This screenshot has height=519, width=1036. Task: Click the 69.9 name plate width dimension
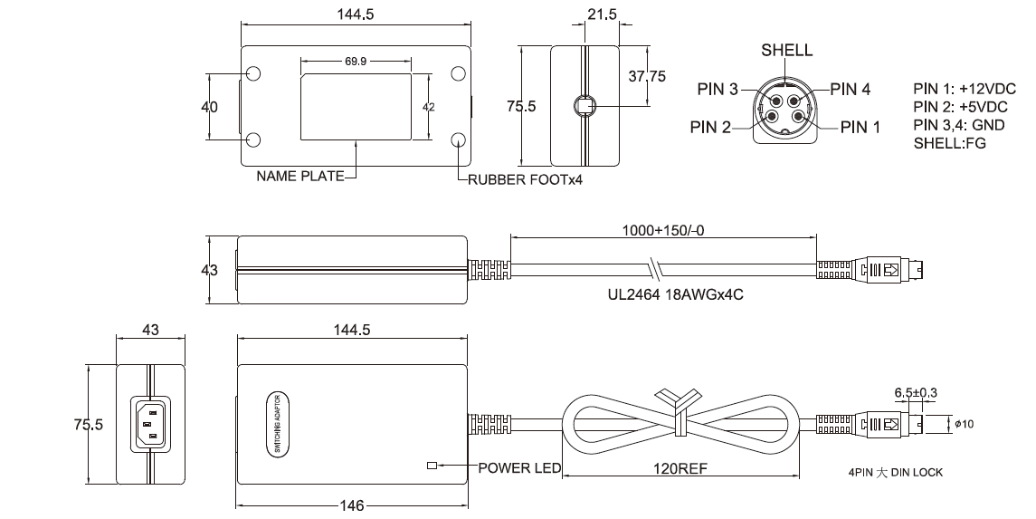(356, 62)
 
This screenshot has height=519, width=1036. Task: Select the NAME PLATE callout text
(299, 177)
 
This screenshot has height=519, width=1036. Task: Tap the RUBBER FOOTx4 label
(525, 179)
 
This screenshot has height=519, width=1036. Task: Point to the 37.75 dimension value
(646, 77)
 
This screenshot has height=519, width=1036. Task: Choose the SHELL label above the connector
(786, 51)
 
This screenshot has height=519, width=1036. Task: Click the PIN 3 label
(718, 89)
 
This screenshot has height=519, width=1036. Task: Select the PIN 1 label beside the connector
(860, 127)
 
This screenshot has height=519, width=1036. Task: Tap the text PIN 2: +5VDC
(960, 107)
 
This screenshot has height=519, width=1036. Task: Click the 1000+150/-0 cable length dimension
(662, 230)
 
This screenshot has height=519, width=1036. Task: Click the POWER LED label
(519, 468)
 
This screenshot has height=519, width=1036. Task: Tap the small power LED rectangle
(432, 466)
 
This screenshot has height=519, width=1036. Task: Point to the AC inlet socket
(151, 424)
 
